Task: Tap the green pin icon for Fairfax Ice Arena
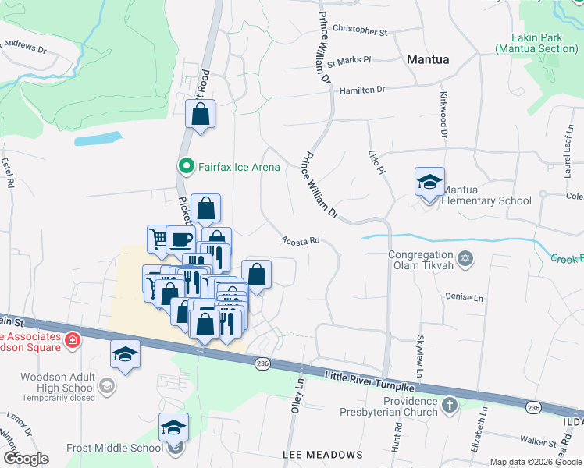pyautogui.click(x=187, y=165)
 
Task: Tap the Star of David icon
pyautogui.click(x=465, y=258)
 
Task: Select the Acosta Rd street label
pyautogui.click(x=301, y=242)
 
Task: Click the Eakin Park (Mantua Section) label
pyautogui.click(x=536, y=43)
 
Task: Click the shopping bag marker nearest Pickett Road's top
pyautogui.click(x=201, y=115)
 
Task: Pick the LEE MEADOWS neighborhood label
pyautogui.click(x=323, y=454)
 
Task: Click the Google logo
pyautogui.click(x=26, y=459)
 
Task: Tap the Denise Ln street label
pyautogui.click(x=465, y=297)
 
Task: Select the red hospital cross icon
pyautogui.click(x=73, y=340)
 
